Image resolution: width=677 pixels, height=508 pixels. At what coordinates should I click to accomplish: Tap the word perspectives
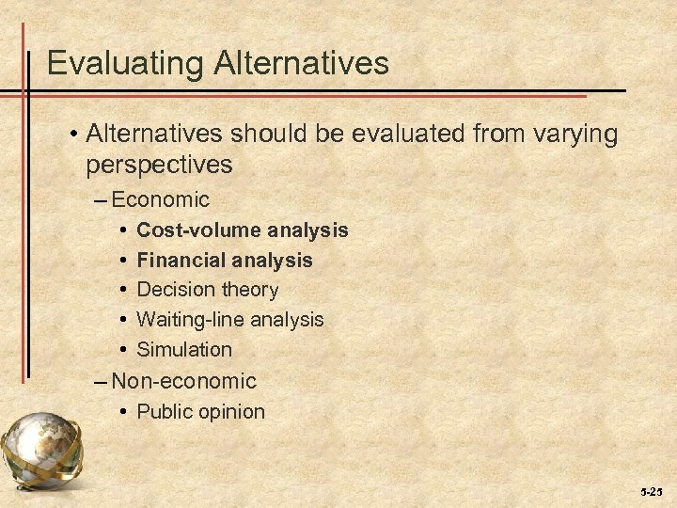[x=158, y=165]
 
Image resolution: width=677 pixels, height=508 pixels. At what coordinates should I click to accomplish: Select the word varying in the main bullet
[x=567, y=135]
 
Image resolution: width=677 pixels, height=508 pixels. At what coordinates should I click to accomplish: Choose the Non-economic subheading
[x=182, y=381]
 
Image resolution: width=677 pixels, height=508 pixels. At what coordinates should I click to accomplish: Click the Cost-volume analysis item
[x=243, y=230]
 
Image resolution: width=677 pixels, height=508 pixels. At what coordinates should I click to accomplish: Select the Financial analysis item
[x=225, y=260]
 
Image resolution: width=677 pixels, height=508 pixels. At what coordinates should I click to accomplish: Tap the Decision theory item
[x=208, y=289]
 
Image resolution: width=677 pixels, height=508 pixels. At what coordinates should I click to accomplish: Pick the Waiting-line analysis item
[x=230, y=319]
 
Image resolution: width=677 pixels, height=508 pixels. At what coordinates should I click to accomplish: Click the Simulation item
[x=184, y=349]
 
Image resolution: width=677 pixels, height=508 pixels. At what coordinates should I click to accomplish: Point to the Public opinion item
[x=201, y=411]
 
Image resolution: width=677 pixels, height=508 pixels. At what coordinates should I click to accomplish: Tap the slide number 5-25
[x=651, y=491]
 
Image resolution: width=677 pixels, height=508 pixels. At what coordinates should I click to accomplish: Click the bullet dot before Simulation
[x=124, y=350]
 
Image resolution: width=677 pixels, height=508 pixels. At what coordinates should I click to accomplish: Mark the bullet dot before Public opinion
[x=124, y=412]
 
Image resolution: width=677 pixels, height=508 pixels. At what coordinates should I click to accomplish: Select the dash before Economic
[x=101, y=200]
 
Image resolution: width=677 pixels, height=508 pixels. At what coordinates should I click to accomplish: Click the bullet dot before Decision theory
[x=124, y=290]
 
